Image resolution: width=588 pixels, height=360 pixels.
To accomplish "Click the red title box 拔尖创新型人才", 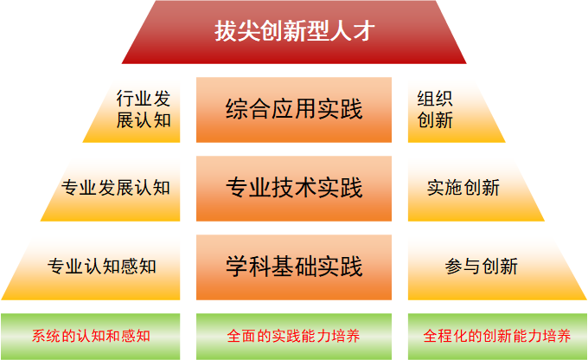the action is (294, 32).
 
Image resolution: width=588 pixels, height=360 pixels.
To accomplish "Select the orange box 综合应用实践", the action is (294, 110).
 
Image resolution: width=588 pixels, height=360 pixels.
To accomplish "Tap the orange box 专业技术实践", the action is (294, 189).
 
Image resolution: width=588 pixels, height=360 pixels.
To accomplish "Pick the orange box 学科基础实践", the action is (294, 267).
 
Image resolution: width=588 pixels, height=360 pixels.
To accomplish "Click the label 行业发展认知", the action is (144, 109).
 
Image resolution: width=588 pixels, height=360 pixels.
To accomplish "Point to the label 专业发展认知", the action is (116, 187).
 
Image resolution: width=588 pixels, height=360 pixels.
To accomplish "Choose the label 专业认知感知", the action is (102, 267).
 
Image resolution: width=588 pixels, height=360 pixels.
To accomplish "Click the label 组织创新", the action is (435, 109).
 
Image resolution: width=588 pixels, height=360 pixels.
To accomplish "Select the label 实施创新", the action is (463, 187).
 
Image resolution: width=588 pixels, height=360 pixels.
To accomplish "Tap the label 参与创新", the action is (482, 267).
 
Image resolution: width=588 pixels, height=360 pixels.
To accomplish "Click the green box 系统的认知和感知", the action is (91, 337).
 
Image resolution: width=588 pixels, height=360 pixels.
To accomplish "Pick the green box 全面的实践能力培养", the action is (294, 337).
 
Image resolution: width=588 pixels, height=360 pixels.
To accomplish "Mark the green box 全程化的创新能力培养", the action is (497, 337).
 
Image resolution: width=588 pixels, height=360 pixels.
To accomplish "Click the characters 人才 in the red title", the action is (353, 31).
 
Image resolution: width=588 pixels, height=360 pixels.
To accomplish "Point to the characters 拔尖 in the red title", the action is (237, 31).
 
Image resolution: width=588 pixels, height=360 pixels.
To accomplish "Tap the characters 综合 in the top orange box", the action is (248, 109).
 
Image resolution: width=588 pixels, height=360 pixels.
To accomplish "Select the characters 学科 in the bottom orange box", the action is (248, 267).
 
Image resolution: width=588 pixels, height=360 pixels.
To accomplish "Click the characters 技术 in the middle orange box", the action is (294, 187).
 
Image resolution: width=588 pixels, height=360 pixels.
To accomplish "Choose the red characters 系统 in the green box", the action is (47, 336).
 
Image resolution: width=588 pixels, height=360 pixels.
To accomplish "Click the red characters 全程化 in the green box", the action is (445, 336).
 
